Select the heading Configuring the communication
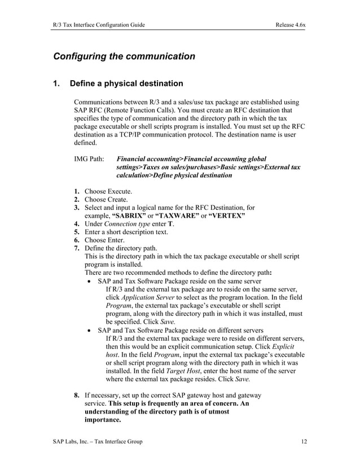(124, 56)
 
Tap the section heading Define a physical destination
(126, 84)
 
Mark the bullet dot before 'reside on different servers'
(90, 330)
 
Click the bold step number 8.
(76, 395)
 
